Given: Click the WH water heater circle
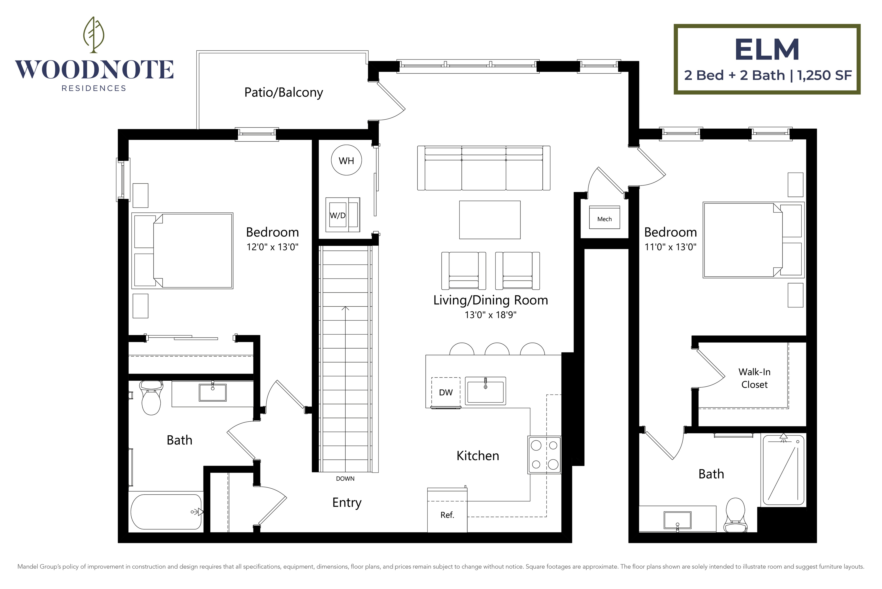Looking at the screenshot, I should tap(346, 161).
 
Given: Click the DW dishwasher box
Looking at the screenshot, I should tap(446, 392).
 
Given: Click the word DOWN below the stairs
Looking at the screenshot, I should tap(345, 478).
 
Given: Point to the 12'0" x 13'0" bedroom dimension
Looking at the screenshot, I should tap(272, 247).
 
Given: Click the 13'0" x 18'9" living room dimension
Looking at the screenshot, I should tap(490, 315).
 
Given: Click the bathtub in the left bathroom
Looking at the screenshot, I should tap(166, 512).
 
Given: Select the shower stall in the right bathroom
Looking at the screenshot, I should tap(783, 470).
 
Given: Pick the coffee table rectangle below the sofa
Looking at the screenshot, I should tap(490, 220).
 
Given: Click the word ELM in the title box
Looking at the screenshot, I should tap(767, 50).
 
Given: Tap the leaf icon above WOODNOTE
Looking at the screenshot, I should tap(93, 34).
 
